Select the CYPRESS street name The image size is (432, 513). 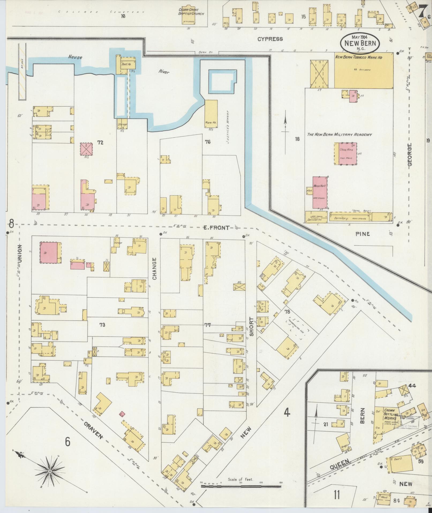pyautogui.click(x=270, y=39)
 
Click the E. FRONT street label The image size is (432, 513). pyautogui.click(x=216, y=228)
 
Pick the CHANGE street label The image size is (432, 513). pyautogui.click(x=155, y=269)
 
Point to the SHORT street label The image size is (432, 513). pyautogui.click(x=251, y=327)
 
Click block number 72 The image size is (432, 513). pyautogui.click(x=100, y=142)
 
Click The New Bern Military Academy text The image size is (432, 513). pyautogui.click(x=339, y=135)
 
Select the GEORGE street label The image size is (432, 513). pyautogui.click(x=410, y=154)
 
